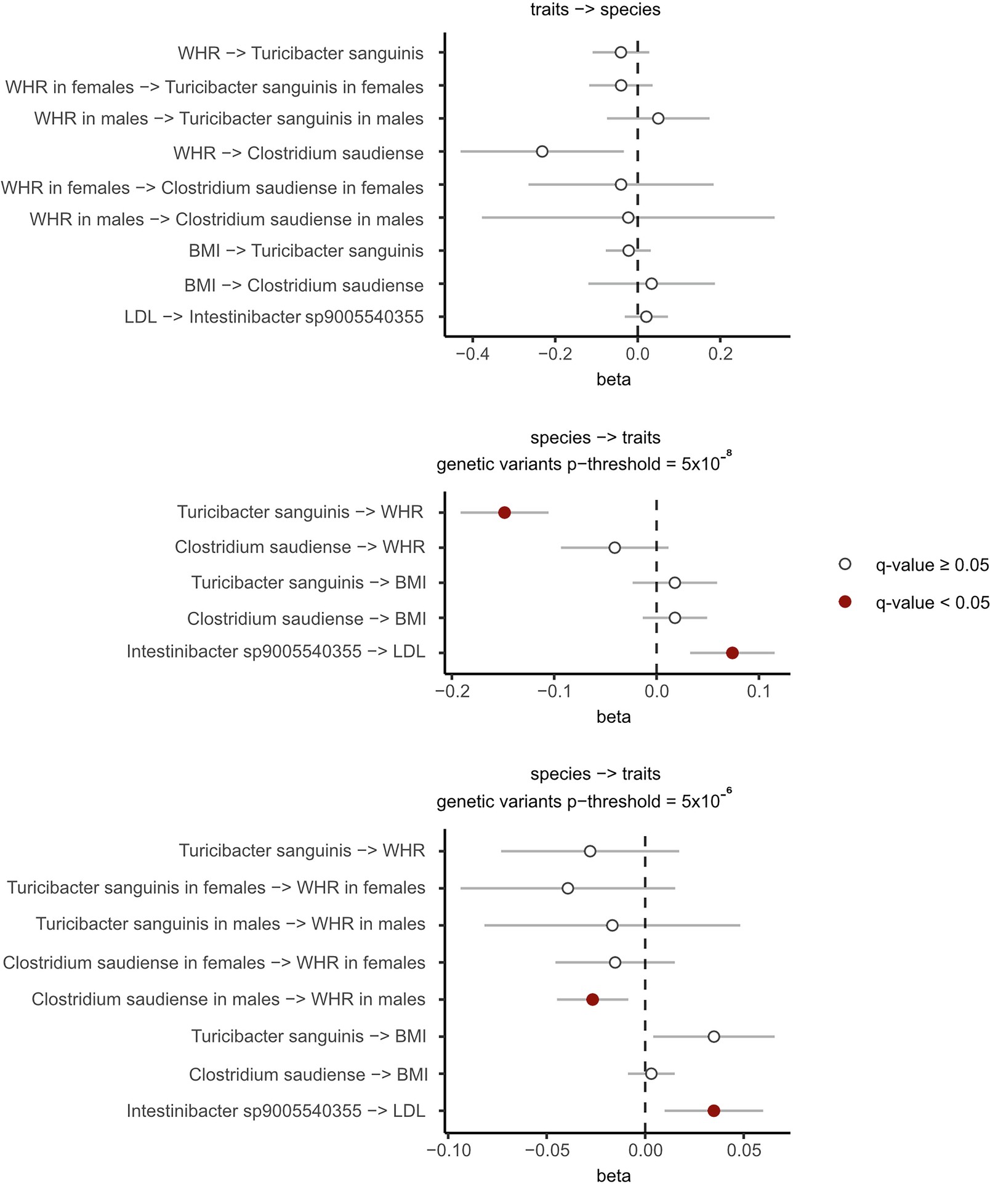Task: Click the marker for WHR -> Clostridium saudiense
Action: tap(542, 151)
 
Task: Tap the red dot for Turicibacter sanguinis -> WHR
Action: tap(504, 513)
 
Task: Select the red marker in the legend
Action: tap(845, 602)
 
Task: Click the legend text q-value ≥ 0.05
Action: tap(932, 565)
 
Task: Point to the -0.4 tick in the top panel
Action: tap(473, 354)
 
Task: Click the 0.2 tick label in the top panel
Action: tap(720, 354)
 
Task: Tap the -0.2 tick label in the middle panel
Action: tap(453, 691)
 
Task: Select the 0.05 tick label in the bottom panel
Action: tap(743, 1150)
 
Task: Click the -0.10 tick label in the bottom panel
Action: tap(449, 1150)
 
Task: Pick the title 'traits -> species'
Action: tap(595, 10)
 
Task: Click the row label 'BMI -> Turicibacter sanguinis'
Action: tap(306, 251)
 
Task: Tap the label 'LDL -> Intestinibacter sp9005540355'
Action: tap(274, 317)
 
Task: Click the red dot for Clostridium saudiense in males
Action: tap(592, 999)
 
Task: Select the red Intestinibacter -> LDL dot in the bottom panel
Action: tap(714, 1111)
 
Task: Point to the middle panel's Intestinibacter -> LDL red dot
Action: tap(732, 653)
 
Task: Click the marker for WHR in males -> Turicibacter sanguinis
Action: tap(658, 118)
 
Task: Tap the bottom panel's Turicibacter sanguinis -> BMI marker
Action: tap(714, 1036)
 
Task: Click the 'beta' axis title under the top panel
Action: tap(613, 379)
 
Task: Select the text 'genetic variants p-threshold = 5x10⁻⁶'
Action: tap(584, 800)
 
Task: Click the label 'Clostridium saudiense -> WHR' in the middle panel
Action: tap(300, 547)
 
